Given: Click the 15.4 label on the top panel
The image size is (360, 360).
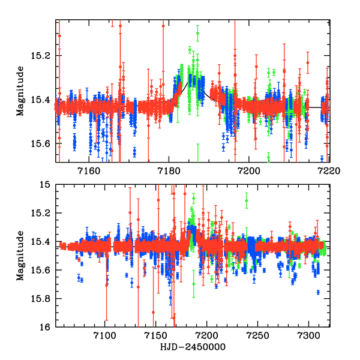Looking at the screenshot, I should (x=44, y=100).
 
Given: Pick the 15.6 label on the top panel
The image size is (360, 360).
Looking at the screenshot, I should (x=44, y=143).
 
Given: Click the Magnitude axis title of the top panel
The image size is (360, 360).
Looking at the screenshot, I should (x=20, y=92).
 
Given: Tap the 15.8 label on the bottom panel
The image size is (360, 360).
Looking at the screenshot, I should (x=44, y=299).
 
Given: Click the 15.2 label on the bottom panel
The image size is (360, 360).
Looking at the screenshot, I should (x=44, y=214).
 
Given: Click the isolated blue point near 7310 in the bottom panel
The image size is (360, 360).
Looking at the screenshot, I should (x=318, y=292).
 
